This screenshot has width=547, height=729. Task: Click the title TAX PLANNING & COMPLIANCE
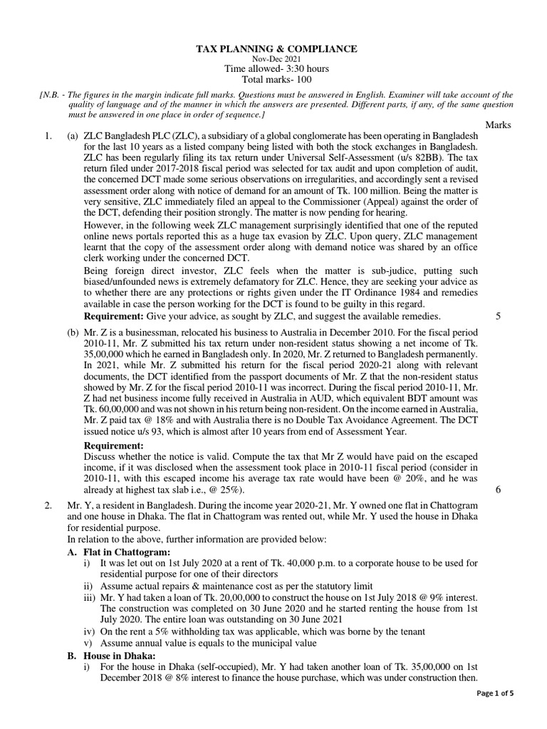coord(277,48)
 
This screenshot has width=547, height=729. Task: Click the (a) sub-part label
coord(73,136)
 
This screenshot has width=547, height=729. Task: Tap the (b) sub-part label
coord(73,333)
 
